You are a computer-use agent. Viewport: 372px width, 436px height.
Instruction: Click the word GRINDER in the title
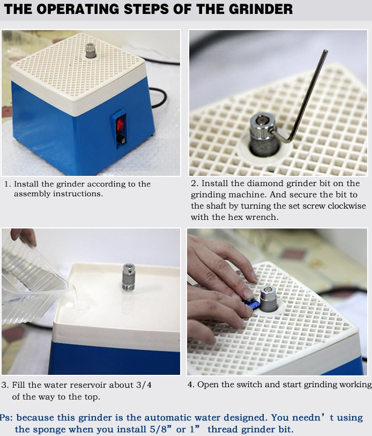click(261, 9)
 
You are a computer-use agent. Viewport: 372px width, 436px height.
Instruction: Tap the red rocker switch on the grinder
click(120, 125)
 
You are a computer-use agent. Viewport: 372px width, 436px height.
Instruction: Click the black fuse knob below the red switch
click(121, 139)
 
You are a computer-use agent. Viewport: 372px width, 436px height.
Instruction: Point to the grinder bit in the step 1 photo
click(91, 50)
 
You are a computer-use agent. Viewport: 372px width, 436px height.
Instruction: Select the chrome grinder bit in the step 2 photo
click(263, 134)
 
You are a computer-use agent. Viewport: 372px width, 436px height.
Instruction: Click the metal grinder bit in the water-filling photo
click(129, 277)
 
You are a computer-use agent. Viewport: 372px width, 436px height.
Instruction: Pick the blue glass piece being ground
click(251, 304)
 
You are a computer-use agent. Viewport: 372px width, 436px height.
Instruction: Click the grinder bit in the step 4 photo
click(269, 299)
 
